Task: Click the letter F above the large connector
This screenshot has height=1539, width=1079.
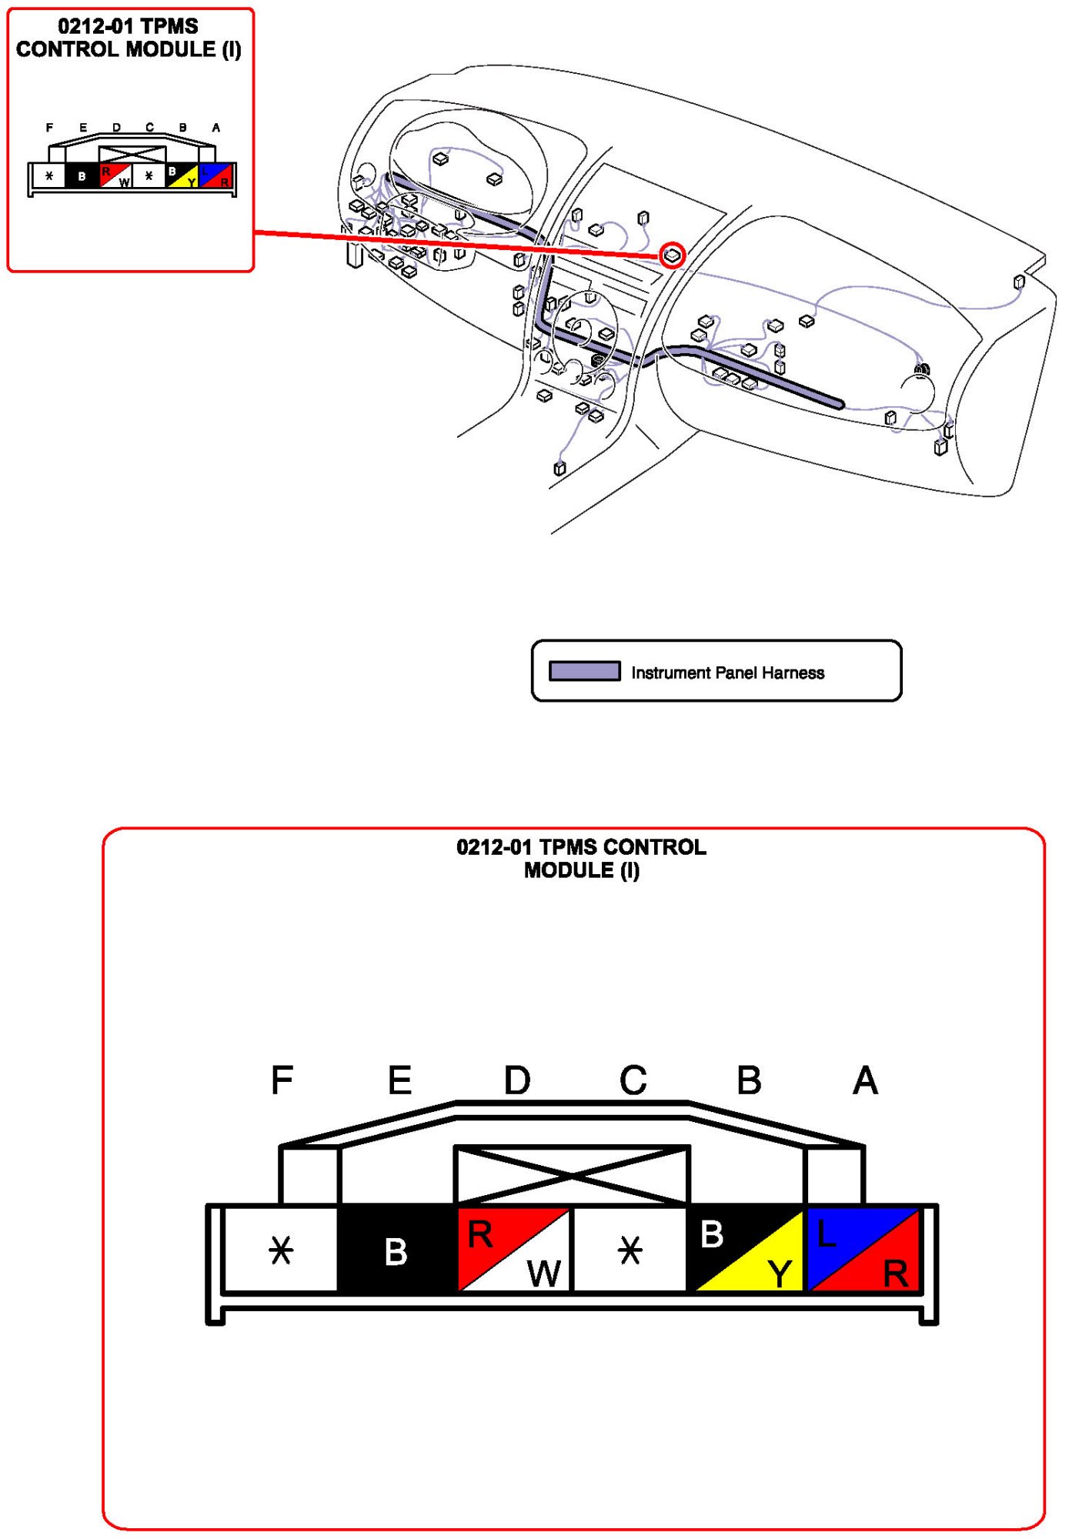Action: (x=282, y=1080)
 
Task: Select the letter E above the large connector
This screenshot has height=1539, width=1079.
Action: (x=399, y=1080)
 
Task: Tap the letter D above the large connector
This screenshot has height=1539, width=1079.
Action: (x=516, y=1080)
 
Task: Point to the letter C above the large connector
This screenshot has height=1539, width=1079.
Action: (x=633, y=1080)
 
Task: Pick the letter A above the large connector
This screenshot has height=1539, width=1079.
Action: (x=865, y=1080)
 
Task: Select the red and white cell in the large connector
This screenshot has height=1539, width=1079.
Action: (x=513, y=1250)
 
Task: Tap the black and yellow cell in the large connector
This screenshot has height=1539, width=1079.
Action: (x=747, y=1250)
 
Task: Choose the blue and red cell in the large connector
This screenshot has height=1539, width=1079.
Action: (x=863, y=1250)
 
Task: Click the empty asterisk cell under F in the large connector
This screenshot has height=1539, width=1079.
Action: (x=281, y=1250)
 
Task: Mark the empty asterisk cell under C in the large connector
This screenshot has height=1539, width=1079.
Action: (x=630, y=1250)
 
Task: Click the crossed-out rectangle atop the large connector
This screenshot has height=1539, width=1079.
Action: (x=572, y=1175)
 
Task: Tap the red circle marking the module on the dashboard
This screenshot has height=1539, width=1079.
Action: (x=672, y=255)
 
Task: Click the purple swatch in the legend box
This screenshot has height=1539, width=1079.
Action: (x=584, y=671)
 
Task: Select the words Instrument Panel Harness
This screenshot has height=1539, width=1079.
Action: (x=727, y=673)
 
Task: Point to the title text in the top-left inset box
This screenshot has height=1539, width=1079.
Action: (x=129, y=38)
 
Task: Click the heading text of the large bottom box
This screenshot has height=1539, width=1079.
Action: (x=581, y=858)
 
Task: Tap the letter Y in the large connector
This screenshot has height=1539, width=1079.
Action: (x=779, y=1274)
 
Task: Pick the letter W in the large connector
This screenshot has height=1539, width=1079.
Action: (x=544, y=1274)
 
